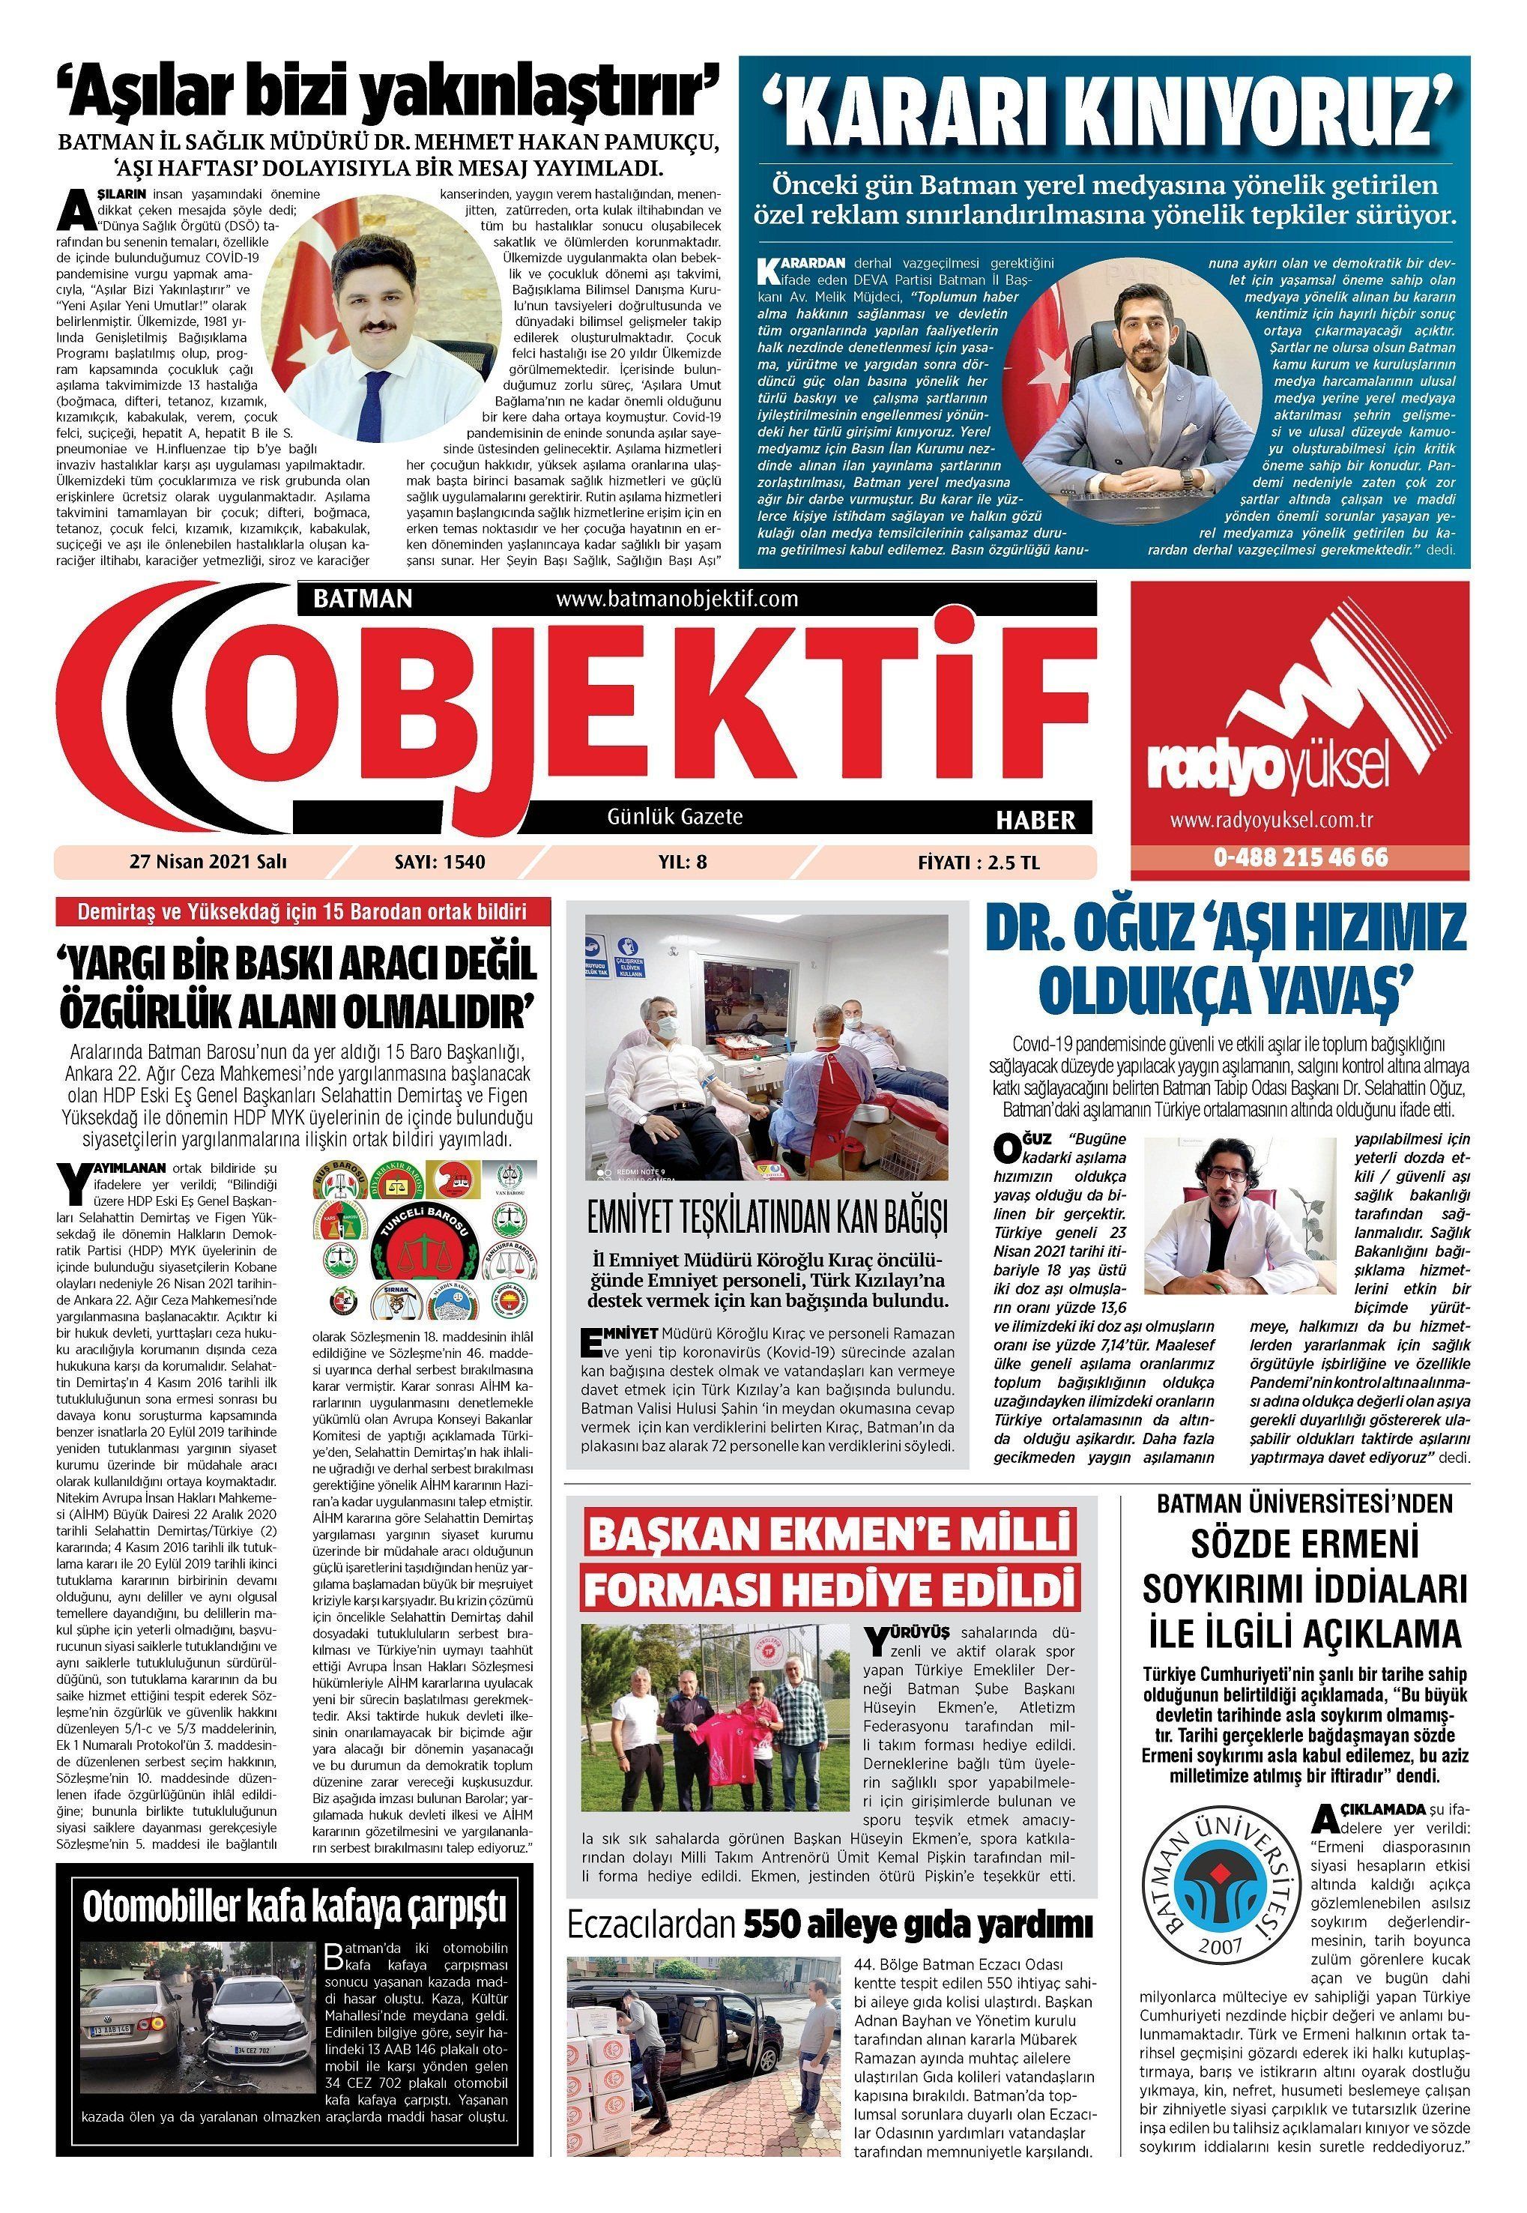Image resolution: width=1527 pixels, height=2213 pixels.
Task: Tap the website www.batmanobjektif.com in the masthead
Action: [x=676, y=599]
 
